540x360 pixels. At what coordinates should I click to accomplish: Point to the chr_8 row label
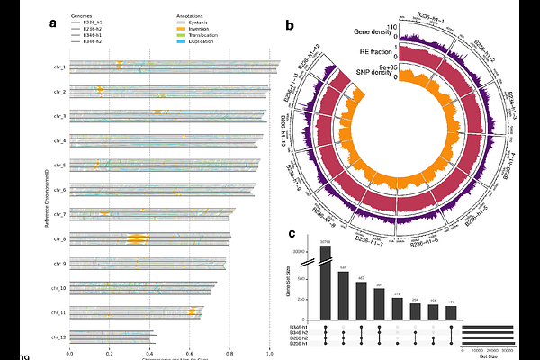click(59, 239)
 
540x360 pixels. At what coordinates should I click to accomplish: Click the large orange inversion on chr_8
click(138, 239)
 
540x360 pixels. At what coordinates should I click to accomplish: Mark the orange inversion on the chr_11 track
click(193, 312)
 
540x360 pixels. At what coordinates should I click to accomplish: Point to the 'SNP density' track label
click(376, 71)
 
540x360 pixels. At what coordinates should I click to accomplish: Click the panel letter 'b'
click(290, 28)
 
